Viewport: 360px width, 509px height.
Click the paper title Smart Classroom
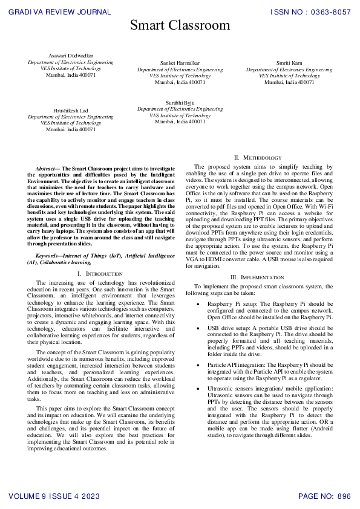click(x=180, y=25)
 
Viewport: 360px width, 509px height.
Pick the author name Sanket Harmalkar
click(x=180, y=63)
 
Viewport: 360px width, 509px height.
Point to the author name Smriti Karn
click(x=289, y=63)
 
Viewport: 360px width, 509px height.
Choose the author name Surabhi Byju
click(x=180, y=103)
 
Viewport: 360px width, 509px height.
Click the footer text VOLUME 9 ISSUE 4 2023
click(x=55, y=496)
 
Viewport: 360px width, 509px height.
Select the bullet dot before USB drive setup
click(x=198, y=327)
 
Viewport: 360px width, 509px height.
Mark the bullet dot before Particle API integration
click(x=198, y=365)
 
